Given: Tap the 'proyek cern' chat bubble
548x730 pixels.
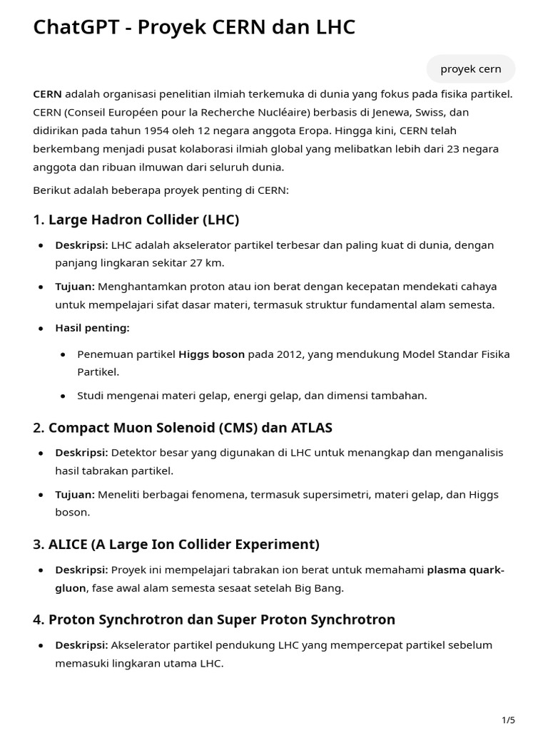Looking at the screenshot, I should (x=470, y=68).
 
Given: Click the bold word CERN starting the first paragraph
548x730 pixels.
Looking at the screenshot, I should (x=47, y=93).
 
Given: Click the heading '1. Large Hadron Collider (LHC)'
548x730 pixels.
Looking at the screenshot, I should (x=136, y=219).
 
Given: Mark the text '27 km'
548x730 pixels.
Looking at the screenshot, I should (x=208, y=262).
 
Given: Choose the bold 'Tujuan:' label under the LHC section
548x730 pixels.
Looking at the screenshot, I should (x=75, y=287).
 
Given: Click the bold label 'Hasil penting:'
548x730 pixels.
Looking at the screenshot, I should (x=92, y=328).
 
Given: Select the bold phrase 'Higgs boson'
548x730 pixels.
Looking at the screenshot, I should (x=211, y=354).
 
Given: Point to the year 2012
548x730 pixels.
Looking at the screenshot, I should (x=287, y=354).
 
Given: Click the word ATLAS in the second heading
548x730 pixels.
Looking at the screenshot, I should (x=311, y=428).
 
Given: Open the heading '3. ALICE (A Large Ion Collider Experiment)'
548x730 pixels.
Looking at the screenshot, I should (x=176, y=544).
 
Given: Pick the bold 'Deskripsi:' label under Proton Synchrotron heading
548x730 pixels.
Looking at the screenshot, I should (x=81, y=645).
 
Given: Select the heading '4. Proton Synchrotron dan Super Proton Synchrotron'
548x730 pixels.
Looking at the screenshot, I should (x=213, y=620).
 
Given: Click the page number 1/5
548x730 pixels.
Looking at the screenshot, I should (x=508, y=720).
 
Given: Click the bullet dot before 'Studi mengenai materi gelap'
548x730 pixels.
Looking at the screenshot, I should (x=64, y=396).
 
